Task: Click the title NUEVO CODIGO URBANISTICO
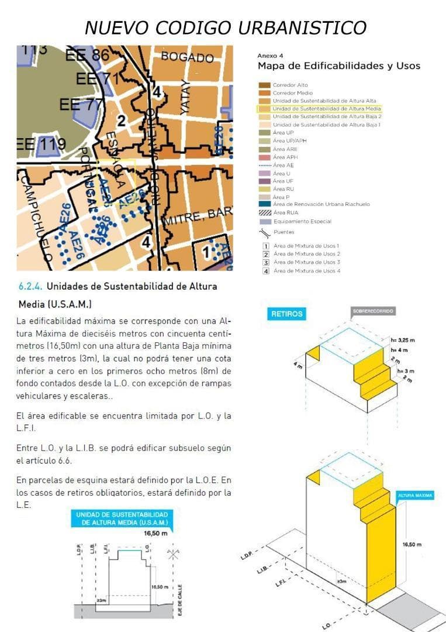(x=226, y=28)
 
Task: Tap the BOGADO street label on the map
(x=188, y=57)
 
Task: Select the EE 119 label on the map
(x=41, y=143)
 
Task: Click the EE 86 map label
(x=88, y=56)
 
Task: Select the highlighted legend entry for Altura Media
(x=319, y=109)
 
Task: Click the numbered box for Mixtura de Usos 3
(x=265, y=263)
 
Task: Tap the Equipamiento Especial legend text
(x=302, y=222)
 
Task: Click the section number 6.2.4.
(x=30, y=287)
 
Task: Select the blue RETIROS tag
(x=287, y=314)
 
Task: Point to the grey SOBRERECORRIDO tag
(x=374, y=311)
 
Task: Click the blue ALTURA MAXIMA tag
(x=416, y=496)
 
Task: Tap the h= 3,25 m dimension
(x=403, y=339)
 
